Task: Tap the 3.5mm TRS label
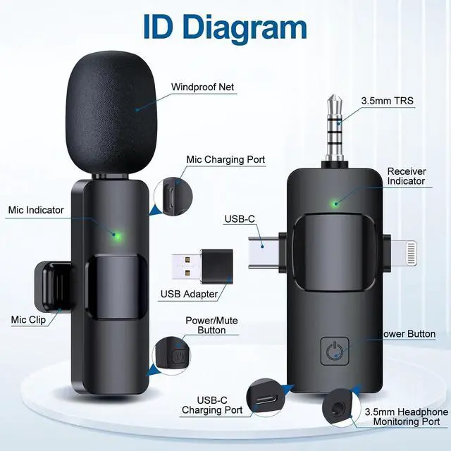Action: pyautogui.click(x=388, y=101)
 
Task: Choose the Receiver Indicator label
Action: pyautogui.click(x=407, y=176)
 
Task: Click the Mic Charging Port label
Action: pyautogui.click(x=225, y=160)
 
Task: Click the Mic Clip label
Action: pyautogui.click(x=29, y=320)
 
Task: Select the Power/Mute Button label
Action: pyautogui.click(x=211, y=325)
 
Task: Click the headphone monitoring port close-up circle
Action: pyautogui.click(x=333, y=411)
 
